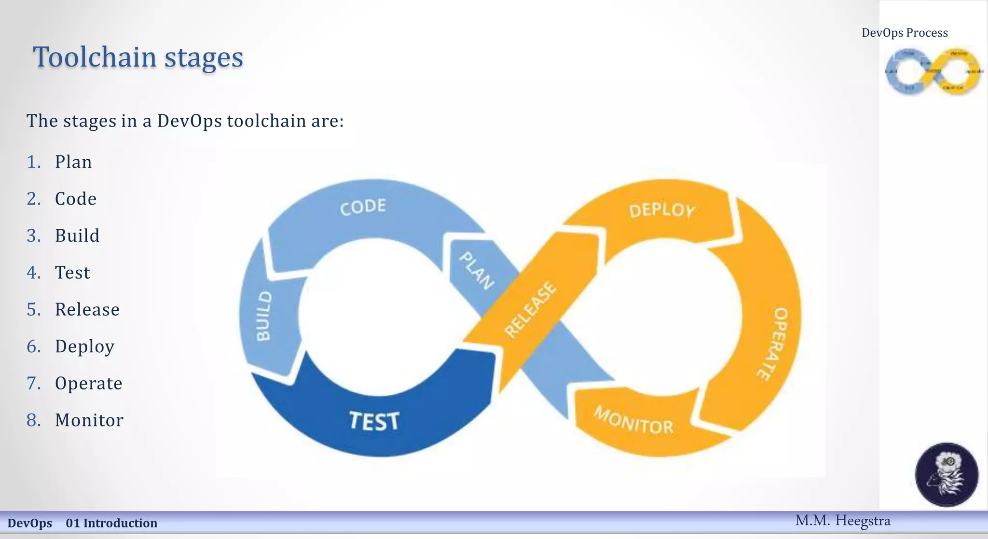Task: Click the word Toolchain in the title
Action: [95, 57]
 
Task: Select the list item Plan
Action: [73, 162]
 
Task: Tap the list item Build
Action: [77, 236]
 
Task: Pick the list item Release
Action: [87, 310]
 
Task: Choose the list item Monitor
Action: [89, 420]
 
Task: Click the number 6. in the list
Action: [34, 346]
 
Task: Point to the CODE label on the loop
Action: [363, 207]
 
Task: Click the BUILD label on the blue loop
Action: [264, 316]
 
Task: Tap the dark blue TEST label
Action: [374, 421]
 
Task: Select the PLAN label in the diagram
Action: [476, 271]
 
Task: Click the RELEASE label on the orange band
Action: [530, 309]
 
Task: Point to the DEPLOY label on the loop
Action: [662, 210]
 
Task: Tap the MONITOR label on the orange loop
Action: [633, 421]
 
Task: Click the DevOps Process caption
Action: [905, 33]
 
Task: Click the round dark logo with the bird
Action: [947, 474]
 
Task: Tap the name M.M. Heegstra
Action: [842, 521]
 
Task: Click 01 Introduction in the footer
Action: [111, 523]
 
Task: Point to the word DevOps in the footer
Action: [30, 523]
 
